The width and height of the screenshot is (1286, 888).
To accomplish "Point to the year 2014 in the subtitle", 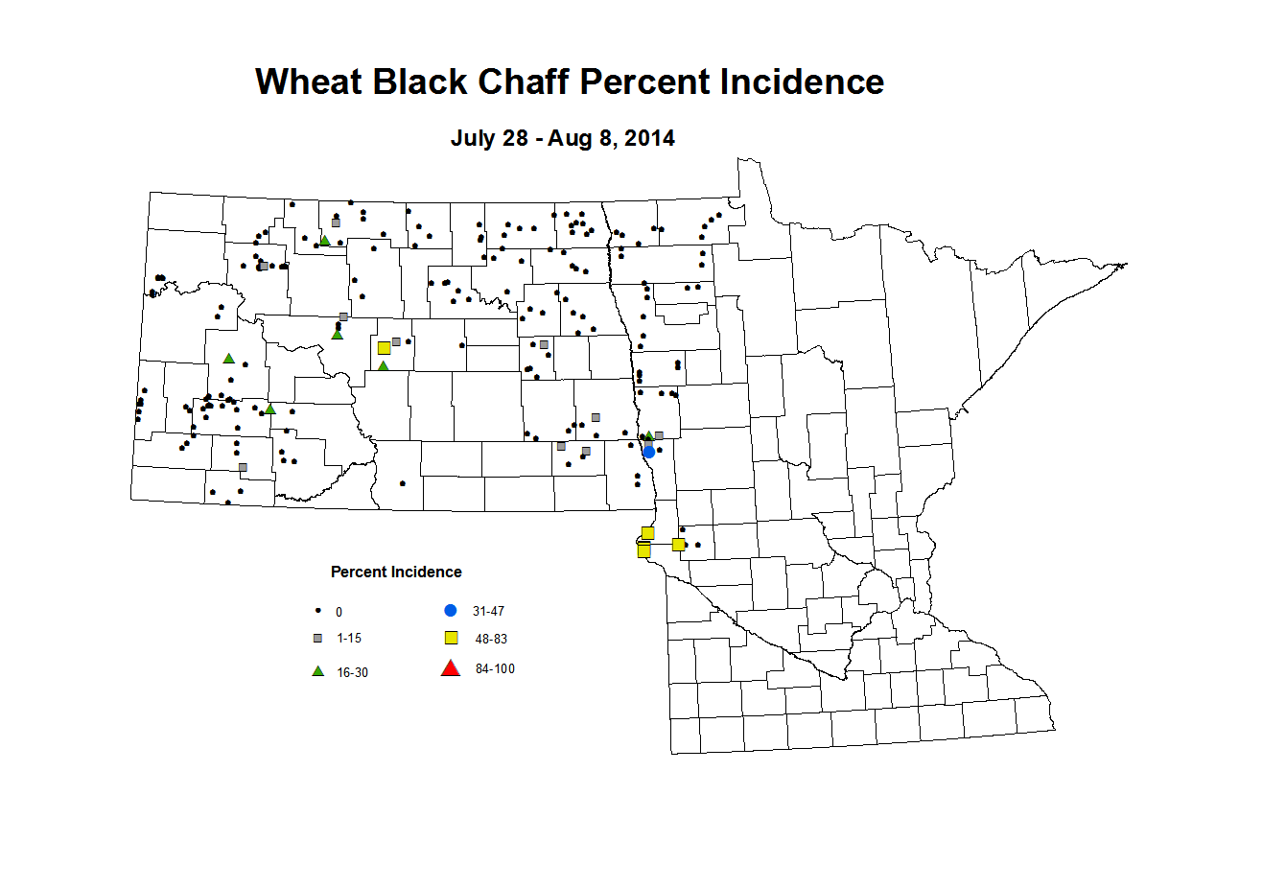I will click(x=649, y=138).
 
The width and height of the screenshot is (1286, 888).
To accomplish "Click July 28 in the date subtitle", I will click(x=489, y=138).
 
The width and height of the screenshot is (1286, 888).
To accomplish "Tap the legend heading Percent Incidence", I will click(x=396, y=573).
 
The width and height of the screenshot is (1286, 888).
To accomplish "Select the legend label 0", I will click(x=339, y=612).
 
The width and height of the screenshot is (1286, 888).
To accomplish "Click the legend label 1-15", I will click(x=349, y=639).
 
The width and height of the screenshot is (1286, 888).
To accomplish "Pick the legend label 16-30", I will click(x=352, y=673).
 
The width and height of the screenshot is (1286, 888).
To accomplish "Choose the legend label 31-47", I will click(x=488, y=612).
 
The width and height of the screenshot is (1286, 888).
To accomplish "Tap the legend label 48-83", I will click(x=491, y=639).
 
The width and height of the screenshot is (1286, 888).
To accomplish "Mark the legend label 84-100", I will click(x=495, y=669).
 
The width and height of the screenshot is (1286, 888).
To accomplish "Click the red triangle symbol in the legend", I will click(x=450, y=668).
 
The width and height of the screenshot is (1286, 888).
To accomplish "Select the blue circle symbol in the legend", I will click(x=451, y=611).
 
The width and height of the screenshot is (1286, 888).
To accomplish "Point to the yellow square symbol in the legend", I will click(x=451, y=638).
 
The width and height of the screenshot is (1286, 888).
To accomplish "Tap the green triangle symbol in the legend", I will click(x=318, y=671).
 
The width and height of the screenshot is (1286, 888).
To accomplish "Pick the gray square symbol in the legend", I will click(x=318, y=639).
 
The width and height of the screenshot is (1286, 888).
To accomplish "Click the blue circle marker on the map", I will click(x=649, y=452).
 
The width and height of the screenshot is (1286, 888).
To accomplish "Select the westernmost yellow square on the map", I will click(x=384, y=348).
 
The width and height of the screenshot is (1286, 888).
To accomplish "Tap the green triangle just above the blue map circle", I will click(x=649, y=436).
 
